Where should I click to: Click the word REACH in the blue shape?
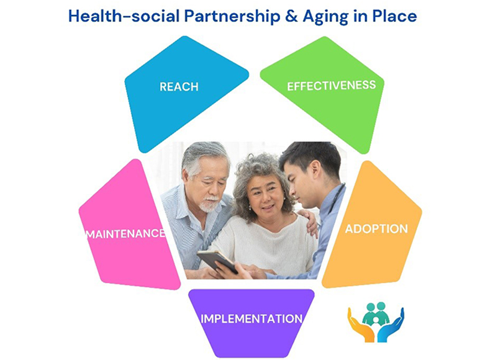pos(179,87)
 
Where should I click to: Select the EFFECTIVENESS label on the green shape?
pos(331,85)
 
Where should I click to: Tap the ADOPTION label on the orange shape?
pos(376,228)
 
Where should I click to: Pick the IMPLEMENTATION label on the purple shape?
pos(251,319)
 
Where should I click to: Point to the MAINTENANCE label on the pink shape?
pos(125,234)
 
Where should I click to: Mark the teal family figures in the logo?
pos(376,314)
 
